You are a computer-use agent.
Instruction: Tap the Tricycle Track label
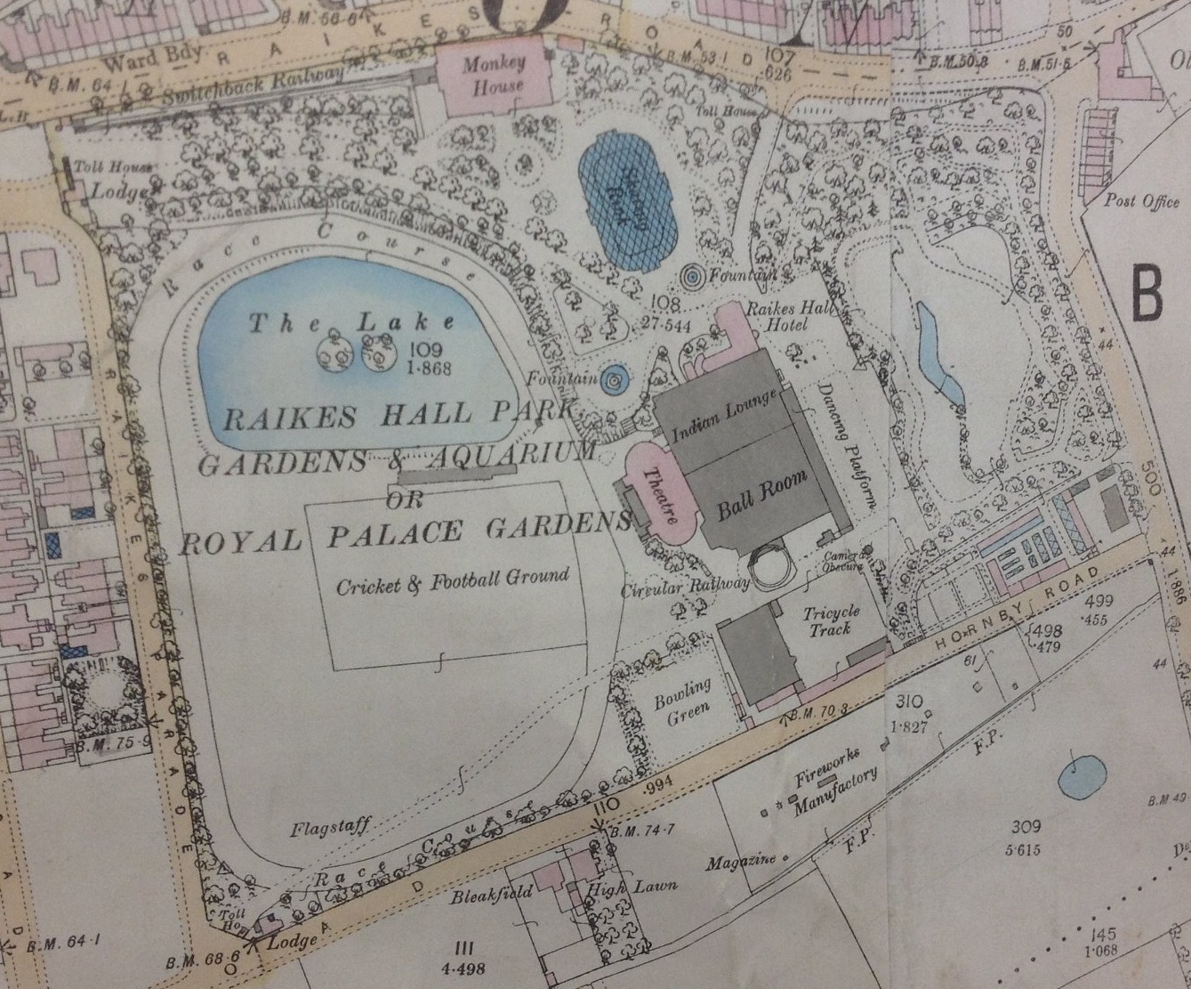pyautogui.click(x=831, y=620)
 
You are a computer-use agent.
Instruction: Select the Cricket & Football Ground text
pyautogui.click(x=452, y=580)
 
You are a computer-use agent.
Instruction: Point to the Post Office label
pyautogui.click(x=1141, y=202)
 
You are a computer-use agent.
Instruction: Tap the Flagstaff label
pyautogui.click(x=330, y=830)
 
